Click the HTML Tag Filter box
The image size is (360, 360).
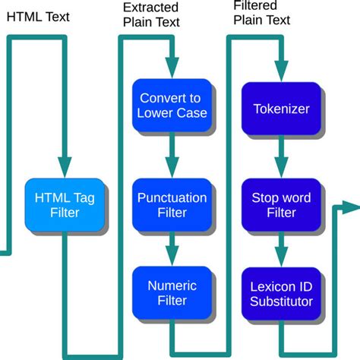[x=65, y=205]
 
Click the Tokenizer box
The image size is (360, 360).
[x=280, y=109]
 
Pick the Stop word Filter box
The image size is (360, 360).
[x=280, y=205]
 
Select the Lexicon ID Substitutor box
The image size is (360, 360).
[x=280, y=293]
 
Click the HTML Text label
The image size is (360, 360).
[x=38, y=16]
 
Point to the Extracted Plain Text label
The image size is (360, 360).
[x=151, y=15]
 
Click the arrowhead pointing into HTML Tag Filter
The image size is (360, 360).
[x=65, y=168]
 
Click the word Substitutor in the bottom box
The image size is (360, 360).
[x=281, y=302]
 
